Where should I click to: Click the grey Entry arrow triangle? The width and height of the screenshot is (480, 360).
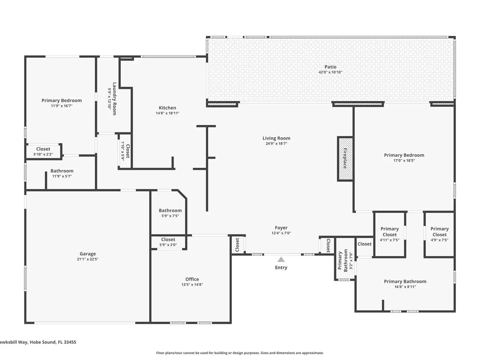tap(281, 259)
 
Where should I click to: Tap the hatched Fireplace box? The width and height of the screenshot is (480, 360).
tap(345, 159)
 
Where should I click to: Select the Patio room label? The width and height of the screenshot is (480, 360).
tap(330, 67)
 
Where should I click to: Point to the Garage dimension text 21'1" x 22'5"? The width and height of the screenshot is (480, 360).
tap(88, 259)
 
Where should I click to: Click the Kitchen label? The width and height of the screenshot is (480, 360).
tap(168, 108)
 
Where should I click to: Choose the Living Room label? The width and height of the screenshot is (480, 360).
tap(276, 138)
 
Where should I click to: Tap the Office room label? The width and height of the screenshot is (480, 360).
tap(192, 279)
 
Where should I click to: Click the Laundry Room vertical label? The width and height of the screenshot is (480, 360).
tap(114, 99)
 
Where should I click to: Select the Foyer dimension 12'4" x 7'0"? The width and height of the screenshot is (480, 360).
tap(281, 233)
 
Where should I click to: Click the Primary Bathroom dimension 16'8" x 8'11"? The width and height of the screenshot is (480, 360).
tap(405, 287)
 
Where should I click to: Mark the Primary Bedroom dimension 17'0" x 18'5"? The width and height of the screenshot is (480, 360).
tap(404, 160)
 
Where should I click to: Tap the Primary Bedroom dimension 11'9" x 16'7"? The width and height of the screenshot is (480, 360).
tap(61, 106)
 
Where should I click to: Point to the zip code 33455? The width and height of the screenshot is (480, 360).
tap(70, 342)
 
